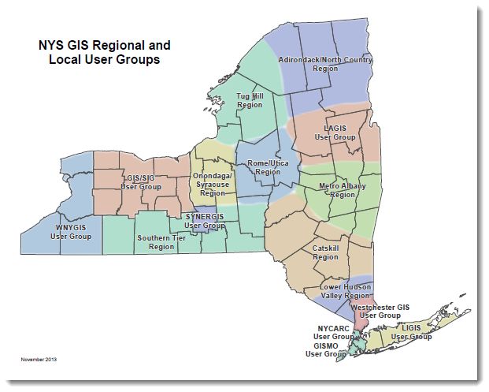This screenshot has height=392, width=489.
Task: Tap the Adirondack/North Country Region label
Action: (325, 64)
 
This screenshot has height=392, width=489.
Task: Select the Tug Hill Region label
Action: (250, 100)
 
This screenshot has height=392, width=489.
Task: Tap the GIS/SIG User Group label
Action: (141, 183)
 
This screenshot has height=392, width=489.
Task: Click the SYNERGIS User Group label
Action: (204, 221)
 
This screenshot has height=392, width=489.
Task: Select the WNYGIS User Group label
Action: (71, 232)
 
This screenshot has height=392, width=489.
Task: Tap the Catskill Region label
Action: (325, 252)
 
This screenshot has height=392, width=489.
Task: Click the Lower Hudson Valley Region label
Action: (345, 291)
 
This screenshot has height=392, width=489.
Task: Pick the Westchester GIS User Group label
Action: (381, 311)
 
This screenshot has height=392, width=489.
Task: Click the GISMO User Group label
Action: (325, 350)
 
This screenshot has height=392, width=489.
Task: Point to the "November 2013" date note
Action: (39, 360)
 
